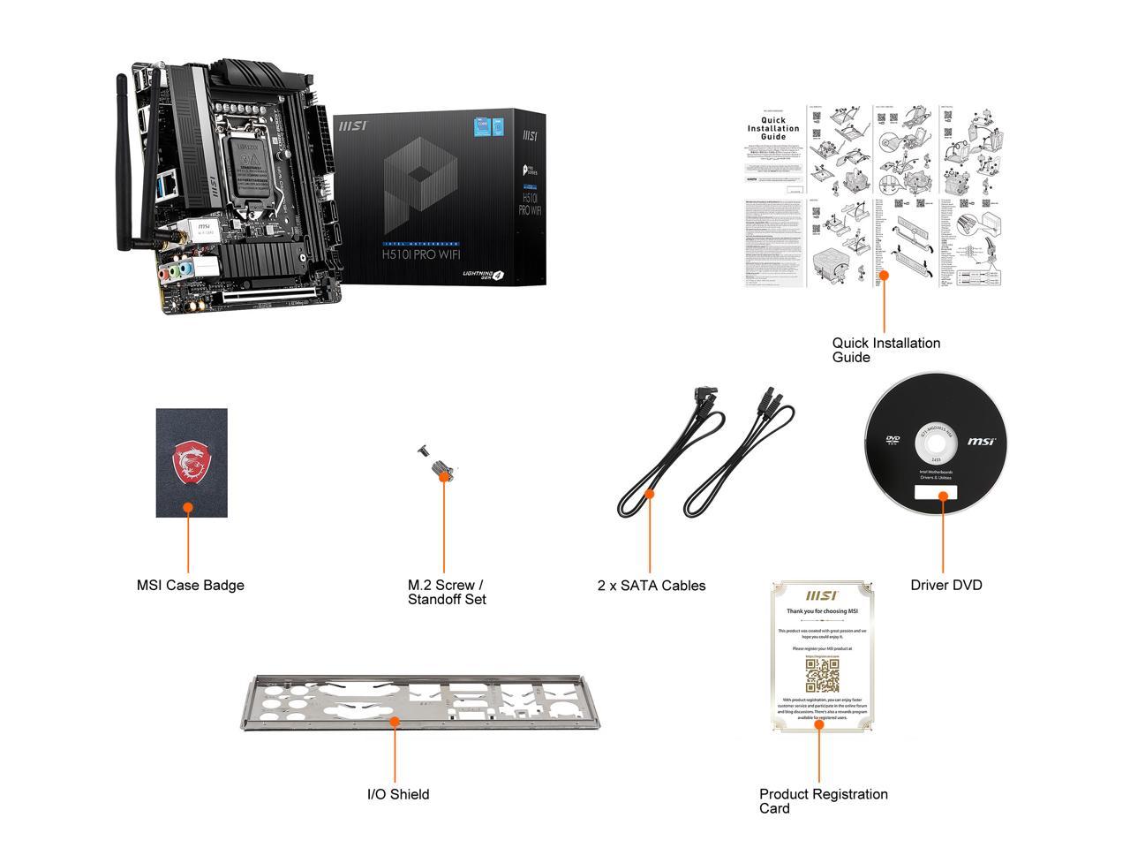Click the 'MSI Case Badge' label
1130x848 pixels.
tap(190, 585)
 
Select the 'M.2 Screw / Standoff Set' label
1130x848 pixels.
tap(446, 592)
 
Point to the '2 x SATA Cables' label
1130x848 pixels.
tap(651, 585)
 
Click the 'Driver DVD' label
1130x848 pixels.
tap(945, 585)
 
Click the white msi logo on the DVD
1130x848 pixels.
tap(981, 441)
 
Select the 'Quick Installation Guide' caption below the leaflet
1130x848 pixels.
tap(885, 350)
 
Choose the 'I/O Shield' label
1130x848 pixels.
tap(398, 794)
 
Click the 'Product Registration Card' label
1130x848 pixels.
tap(823, 800)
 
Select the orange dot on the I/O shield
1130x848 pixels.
tap(395, 721)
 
